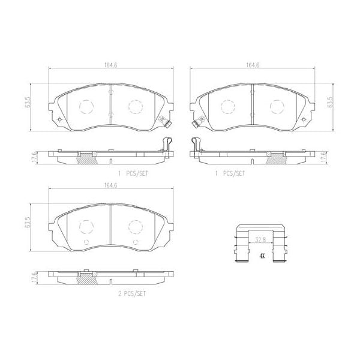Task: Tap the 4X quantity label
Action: [262, 256]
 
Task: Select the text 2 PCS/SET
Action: [131, 294]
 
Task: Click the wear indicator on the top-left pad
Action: [169, 125]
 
